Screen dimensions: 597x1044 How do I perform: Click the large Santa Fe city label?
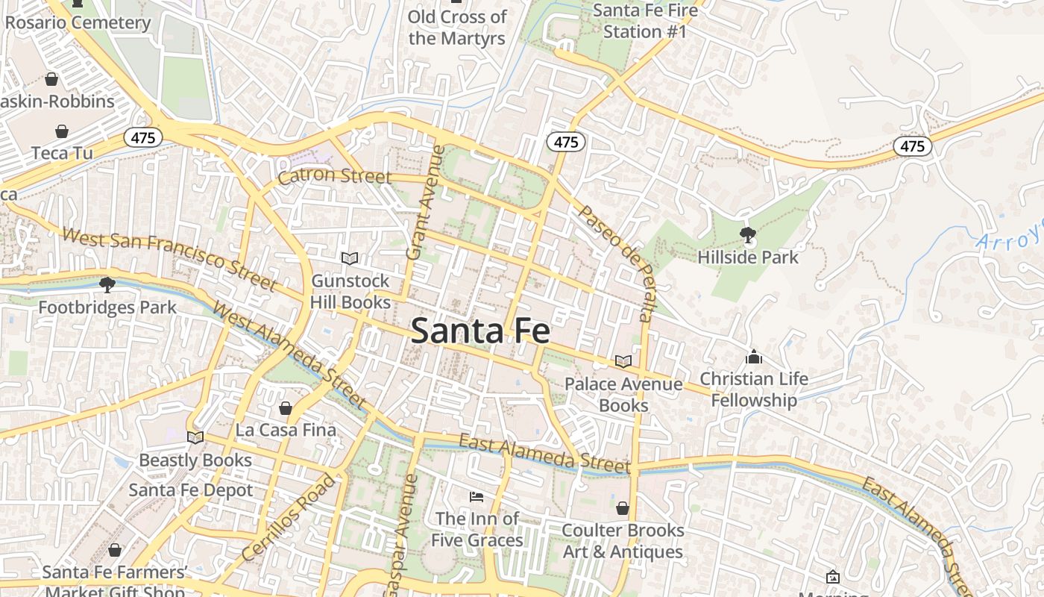click(480, 331)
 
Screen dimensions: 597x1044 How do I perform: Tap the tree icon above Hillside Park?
click(747, 236)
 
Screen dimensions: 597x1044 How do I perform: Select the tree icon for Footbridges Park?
click(107, 285)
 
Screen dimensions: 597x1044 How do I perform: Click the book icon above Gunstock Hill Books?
click(350, 258)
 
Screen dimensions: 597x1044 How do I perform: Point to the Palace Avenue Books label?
click(623, 395)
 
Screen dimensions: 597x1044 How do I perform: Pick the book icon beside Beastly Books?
click(195, 437)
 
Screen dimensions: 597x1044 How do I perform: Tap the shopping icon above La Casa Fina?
click(285, 408)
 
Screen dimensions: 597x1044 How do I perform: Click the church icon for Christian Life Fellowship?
click(754, 357)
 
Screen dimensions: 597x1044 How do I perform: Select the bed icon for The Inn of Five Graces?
click(477, 496)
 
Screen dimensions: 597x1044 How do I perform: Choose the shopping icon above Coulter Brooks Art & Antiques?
click(623, 508)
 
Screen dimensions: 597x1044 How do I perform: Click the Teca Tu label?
click(62, 153)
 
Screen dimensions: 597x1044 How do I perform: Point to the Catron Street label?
click(334, 176)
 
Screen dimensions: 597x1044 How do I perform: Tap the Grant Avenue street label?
click(425, 203)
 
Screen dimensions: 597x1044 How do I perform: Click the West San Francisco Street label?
click(170, 259)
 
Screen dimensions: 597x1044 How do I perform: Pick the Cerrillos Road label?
click(289, 518)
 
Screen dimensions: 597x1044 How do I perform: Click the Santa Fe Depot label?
click(191, 490)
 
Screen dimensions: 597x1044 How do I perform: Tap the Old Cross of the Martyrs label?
click(457, 28)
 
